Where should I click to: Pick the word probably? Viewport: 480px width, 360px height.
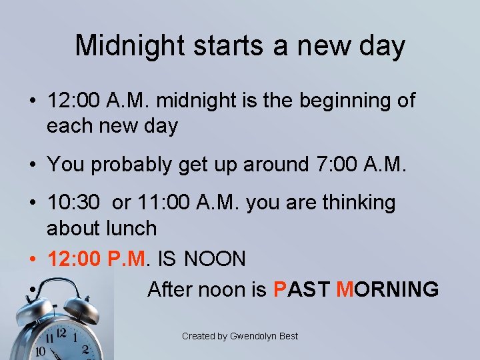(131, 164)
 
